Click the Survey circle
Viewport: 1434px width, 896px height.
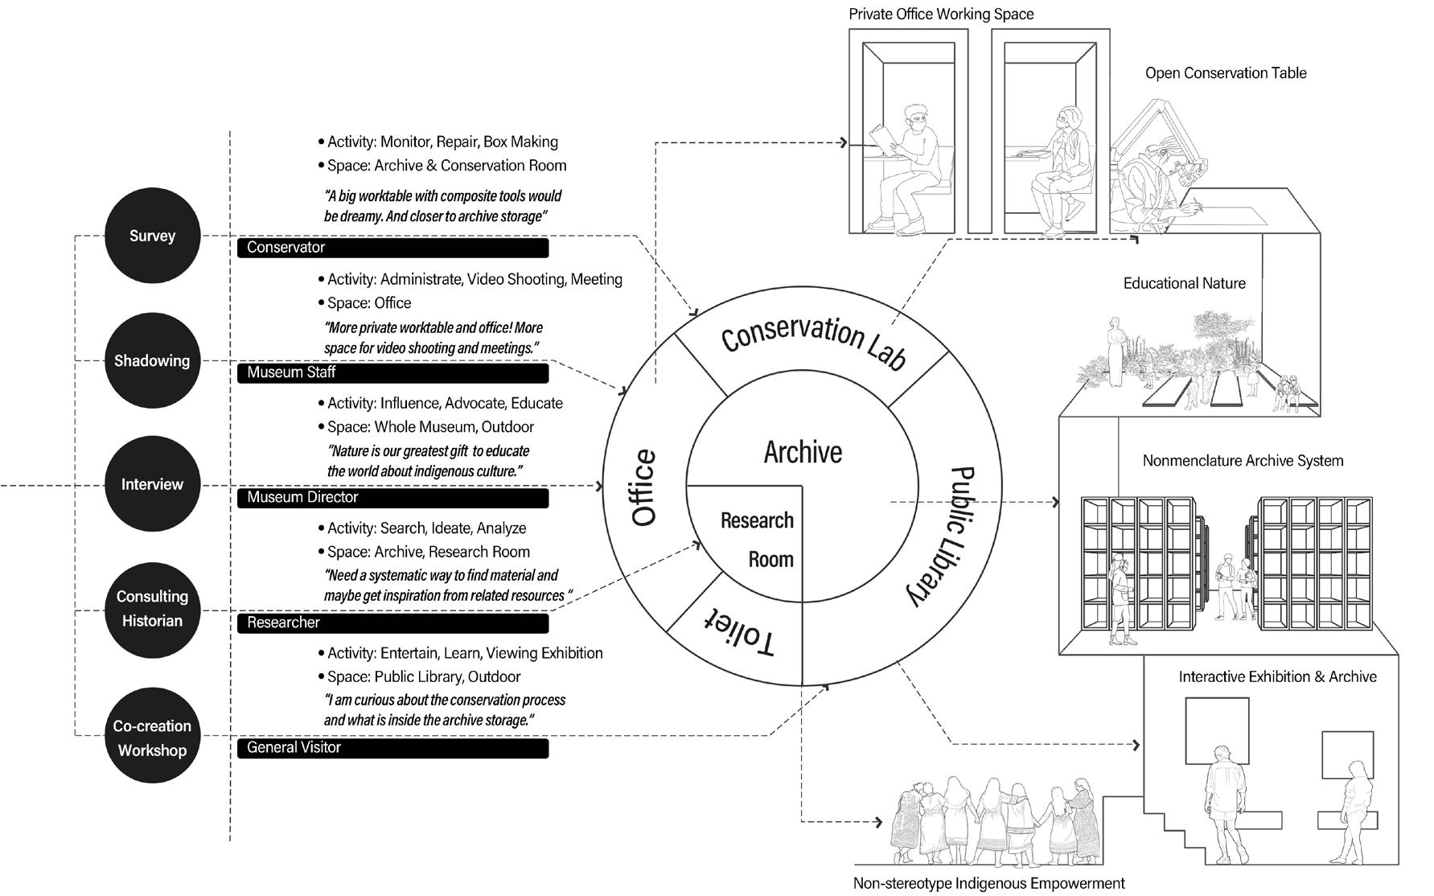pyautogui.click(x=152, y=236)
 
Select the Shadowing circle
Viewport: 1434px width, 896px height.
pyautogui.click(x=152, y=360)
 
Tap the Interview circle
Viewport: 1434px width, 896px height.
pyautogui.click(x=152, y=484)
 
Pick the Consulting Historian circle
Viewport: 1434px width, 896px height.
pyautogui.click(x=152, y=609)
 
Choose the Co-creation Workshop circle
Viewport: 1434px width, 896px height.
pyautogui.click(x=152, y=738)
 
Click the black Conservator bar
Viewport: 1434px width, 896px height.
pyautogui.click(x=392, y=248)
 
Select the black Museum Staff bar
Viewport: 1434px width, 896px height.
pyautogui.click(x=392, y=372)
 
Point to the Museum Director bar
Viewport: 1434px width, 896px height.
pyautogui.click(x=392, y=498)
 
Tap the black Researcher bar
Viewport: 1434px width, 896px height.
pyautogui.click(x=392, y=623)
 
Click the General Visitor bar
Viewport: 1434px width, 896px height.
pyautogui.click(x=392, y=748)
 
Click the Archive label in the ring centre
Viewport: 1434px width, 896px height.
pyautogui.click(x=803, y=453)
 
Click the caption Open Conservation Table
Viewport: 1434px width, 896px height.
pyautogui.click(x=1226, y=73)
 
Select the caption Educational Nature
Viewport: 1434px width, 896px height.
pyautogui.click(x=1184, y=283)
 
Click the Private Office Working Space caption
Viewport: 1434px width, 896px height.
pyautogui.click(x=941, y=14)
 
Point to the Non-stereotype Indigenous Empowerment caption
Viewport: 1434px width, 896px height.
pyautogui.click(x=988, y=883)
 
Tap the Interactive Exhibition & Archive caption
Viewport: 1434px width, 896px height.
pyautogui.click(x=1277, y=677)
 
